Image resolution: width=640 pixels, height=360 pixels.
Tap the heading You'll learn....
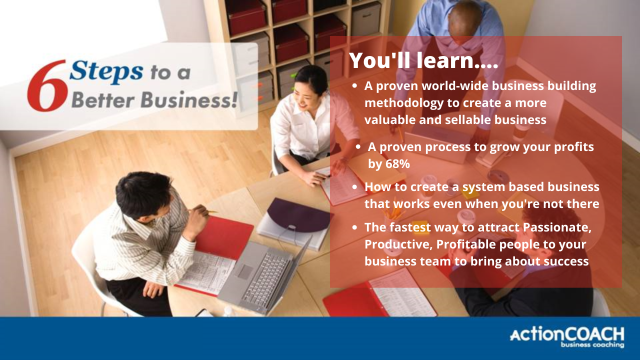pos(423,60)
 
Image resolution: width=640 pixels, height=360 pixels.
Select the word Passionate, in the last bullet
pos(557,227)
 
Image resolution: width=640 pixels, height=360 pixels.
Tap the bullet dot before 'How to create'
pos(354,186)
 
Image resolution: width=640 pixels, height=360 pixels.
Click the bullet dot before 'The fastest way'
pos(354,227)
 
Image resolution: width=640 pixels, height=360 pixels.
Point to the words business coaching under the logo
pos(592,345)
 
